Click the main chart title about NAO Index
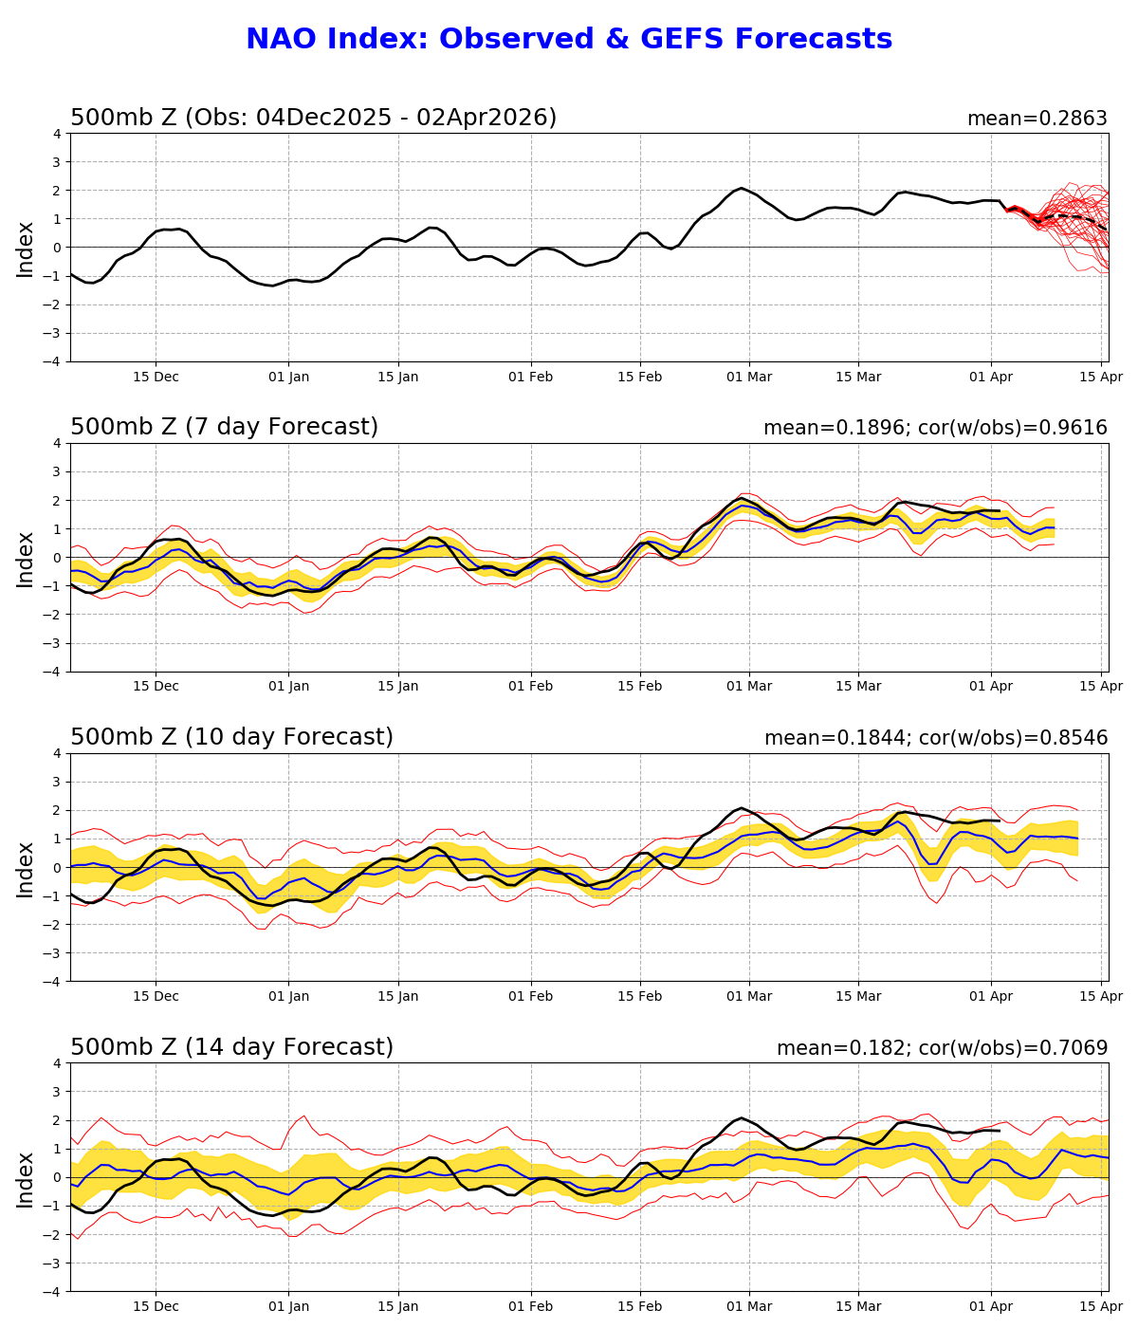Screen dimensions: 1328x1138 569,39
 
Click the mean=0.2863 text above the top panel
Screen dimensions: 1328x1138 1037,119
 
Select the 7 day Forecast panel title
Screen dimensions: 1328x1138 224,427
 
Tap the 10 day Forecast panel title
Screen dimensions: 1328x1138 231,737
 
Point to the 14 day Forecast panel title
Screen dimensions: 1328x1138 231,1047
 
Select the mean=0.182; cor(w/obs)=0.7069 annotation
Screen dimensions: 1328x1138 942,1048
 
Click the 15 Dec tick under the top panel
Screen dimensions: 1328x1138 156,377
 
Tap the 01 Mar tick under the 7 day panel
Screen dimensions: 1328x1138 749,687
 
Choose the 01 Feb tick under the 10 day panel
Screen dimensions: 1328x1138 530,997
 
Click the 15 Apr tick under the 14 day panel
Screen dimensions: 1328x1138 1101,1307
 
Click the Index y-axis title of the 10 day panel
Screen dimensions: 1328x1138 26,868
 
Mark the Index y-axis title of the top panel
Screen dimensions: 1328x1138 26,249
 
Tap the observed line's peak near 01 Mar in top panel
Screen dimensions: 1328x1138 742,189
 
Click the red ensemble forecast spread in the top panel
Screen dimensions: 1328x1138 1072,223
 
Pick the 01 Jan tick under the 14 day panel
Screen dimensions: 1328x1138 288,1307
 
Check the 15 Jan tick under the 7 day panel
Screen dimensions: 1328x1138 398,687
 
